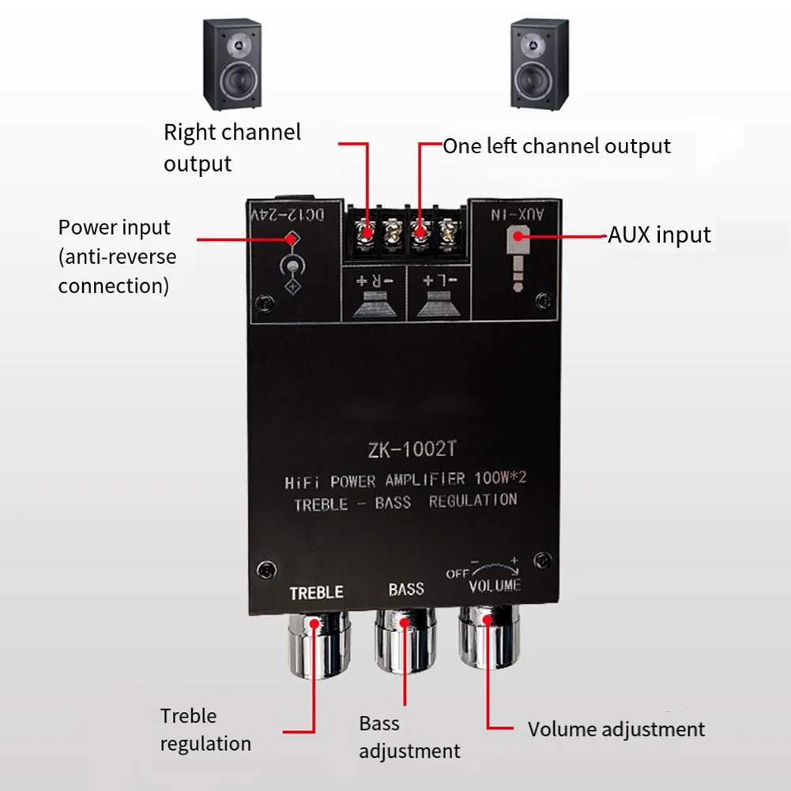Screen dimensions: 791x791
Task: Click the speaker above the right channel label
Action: coord(232,64)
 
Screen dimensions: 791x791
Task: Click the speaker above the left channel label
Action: coord(539,64)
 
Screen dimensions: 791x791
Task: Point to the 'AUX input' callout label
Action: coord(659,235)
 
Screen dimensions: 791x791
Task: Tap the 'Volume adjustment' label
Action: coord(616,729)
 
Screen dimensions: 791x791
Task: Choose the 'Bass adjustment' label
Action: coord(409,736)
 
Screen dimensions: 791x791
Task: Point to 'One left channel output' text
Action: coord(556,146)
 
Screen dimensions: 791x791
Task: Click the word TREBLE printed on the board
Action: coord(316,592)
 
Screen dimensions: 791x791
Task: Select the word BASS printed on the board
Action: coord(406,589)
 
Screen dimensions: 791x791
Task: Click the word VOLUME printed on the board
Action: coord(495,586)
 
